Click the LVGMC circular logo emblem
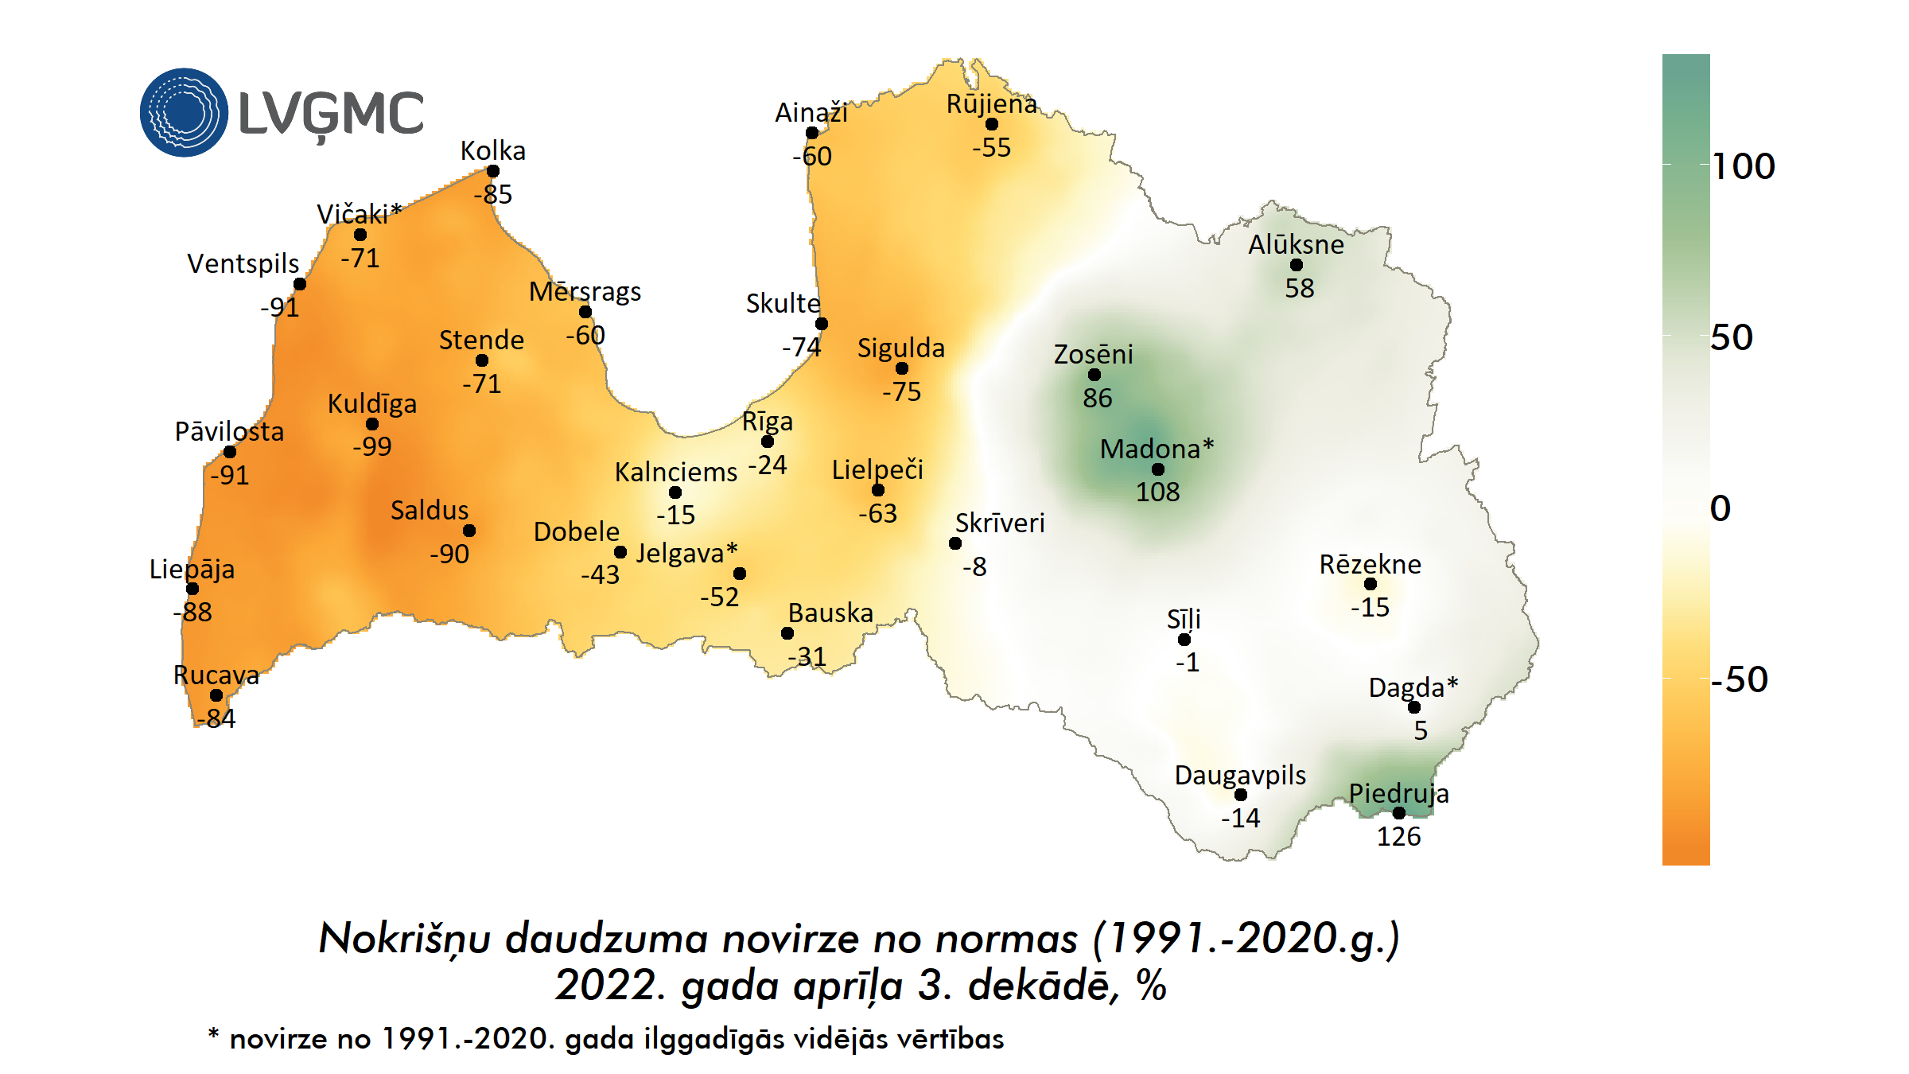click(x=184, y=112)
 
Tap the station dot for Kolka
click(x=493, y=171)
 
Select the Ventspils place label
click(x=243, y=263)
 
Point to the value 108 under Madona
click(x=1157, y=492)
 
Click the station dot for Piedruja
click(x=1399, y=813)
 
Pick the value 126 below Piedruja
click(x=1398, y=837)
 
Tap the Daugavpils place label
click(x=1240, y=775)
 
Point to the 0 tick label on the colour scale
click(x=1720, y=509)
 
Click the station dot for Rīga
click(x=768, y=442)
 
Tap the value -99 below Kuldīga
click(x=372, y=447)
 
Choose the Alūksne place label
click(x=1296, y=245)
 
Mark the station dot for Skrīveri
click(x=955, y=543)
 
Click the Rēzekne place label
click(x=1370, y=565)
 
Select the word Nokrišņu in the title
click(x=404, y=939)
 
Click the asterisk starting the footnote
click(x=213, y=1034)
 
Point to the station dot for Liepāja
click(x=192, y=589)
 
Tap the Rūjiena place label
click(x=991, y=104)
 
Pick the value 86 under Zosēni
click(x=1097, y=399)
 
